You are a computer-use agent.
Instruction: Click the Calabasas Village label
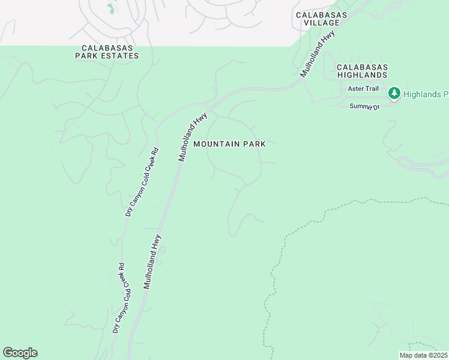click(x=318, y=18)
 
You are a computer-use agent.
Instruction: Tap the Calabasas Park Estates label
click(x=107, y=52)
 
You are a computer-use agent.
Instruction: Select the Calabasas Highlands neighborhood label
click(x=362, y=71)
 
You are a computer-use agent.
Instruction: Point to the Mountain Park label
click(x=229, y=144)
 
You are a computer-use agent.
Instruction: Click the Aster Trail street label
click(x=363, y=88)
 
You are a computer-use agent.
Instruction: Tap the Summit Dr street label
click(x=365, y=106)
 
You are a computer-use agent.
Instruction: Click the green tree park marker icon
click(x=394, y=93)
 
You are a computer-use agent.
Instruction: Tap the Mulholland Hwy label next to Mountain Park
click(x=193, y=136)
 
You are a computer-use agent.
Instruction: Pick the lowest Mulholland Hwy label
click(x=152, y=262)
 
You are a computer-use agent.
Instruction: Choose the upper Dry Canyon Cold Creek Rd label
click(x=142, y=182)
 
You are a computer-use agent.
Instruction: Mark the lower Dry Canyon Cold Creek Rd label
click(x=119, y=298)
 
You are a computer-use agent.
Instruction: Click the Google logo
click(x=20, y=353)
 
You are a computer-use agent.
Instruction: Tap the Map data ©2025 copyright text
click(x=423, y=355)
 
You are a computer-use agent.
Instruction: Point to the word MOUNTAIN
click(x=217, y=144)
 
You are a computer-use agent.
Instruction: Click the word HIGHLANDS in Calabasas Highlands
click(x=362, y=75)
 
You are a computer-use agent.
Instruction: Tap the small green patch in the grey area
click(x=110, y=8)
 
